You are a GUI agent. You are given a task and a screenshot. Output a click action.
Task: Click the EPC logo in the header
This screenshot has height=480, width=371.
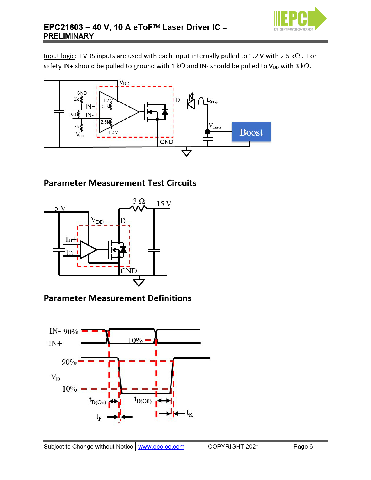click(300, 19)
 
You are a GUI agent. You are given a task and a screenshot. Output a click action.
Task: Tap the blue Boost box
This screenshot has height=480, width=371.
click(251, 132)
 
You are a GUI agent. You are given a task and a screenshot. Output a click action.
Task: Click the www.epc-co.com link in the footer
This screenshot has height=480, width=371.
click(161, 447)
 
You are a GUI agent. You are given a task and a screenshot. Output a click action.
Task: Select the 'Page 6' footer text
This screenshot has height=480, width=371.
click(303, 447)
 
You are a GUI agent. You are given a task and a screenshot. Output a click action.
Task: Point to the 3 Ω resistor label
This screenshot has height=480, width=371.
click(139, 201)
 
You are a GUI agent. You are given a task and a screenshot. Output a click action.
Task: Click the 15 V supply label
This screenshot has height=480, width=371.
click(164, 204)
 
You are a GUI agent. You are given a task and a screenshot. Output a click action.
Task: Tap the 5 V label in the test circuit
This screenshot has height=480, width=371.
click(60, 208)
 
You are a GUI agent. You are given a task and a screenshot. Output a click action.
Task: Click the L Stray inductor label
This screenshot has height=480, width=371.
click(212, 100)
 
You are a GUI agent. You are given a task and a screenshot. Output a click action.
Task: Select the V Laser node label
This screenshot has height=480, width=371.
click(215, 126)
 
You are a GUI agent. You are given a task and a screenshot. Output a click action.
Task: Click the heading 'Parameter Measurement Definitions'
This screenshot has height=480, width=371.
click(118, 298)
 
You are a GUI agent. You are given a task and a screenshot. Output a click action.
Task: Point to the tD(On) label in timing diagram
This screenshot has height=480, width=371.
click(97, 401)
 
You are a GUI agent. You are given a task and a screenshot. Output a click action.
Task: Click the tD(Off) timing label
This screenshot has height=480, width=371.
click(143, 400)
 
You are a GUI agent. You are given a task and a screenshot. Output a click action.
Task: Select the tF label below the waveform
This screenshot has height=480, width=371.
click(99, 417)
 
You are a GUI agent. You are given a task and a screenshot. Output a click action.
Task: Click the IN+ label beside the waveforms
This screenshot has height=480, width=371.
click(55, 344)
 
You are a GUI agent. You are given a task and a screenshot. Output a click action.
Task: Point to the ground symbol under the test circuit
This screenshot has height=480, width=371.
click(139, 282)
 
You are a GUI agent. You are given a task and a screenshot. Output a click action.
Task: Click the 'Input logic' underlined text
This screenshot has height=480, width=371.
click(59, 56)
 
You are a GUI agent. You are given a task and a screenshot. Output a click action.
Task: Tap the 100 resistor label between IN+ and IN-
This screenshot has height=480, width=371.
click(72, 114)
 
